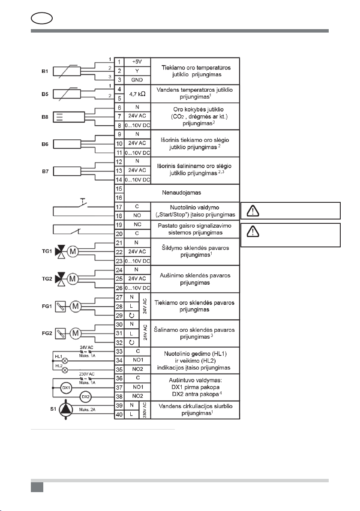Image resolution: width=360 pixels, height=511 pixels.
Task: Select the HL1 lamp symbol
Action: tap(66, 361)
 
